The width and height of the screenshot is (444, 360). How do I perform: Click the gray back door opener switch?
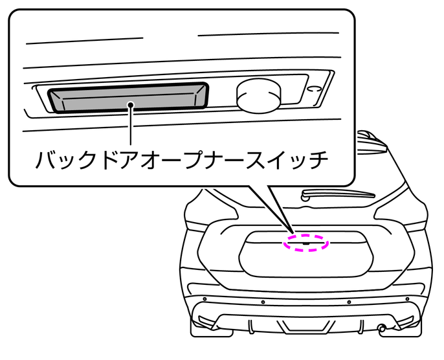129,97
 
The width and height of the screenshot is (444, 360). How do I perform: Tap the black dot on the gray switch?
131,103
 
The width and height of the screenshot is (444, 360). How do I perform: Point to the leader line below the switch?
131,126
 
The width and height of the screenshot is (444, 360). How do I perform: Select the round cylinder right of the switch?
258,95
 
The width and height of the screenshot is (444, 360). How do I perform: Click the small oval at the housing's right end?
315,89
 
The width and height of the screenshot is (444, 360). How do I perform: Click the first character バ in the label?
46,159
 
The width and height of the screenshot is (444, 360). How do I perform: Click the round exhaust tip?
383,328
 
